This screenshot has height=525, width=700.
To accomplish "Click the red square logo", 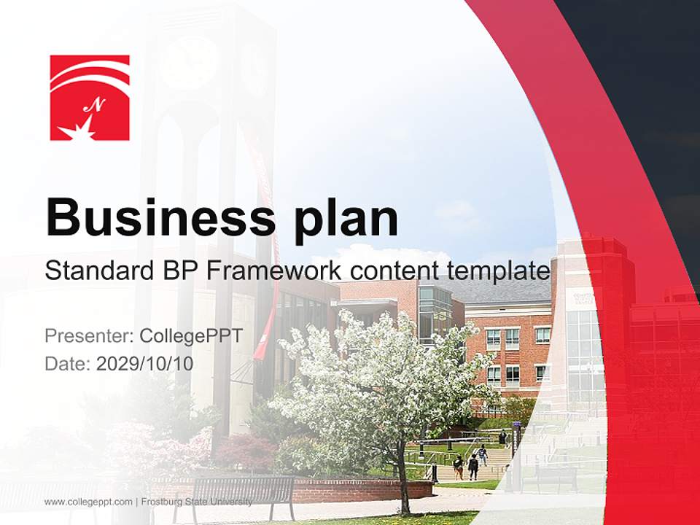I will tap(90, 98).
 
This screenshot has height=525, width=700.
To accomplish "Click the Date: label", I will tap(68, 363).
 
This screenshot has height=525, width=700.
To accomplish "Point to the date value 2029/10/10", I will tap(144, 363).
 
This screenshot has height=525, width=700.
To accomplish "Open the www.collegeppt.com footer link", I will tap(88, 502).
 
